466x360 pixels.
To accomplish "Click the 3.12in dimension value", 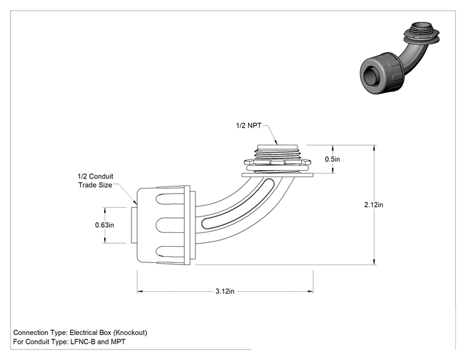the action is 225,291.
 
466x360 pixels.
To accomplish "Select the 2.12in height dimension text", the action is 373,205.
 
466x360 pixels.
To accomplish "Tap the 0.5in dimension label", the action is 332,159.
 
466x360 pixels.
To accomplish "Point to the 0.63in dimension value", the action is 105,225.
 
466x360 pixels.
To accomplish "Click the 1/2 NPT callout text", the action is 249,126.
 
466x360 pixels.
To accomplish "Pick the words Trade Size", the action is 95,185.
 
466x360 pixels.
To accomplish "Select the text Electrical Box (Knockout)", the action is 108,332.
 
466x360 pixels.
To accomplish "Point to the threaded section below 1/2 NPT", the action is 277,152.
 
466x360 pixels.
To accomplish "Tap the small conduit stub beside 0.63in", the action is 134,225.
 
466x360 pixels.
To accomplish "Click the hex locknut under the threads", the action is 277,162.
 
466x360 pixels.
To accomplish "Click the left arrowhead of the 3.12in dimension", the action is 140,291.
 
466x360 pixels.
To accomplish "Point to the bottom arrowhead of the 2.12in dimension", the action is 374,262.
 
